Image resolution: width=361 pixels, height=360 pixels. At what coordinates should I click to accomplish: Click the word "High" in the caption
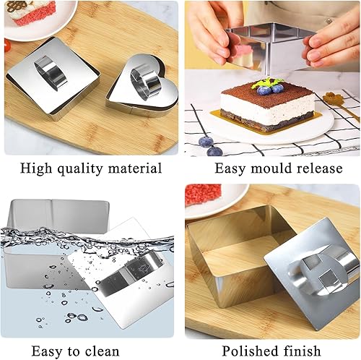[x=36, y=168]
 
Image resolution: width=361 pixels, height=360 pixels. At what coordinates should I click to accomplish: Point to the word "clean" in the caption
[x=102, y=351]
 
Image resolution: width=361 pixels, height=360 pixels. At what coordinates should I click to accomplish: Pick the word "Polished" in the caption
[x=250, y=351]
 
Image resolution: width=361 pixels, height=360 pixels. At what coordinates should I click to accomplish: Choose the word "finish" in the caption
[x=302, y=351]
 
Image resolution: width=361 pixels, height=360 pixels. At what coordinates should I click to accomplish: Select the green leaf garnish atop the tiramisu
[x=266, y=83]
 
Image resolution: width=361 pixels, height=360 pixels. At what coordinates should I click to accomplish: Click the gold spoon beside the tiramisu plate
[x=341, y=103]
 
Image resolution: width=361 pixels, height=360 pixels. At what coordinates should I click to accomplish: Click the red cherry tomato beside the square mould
[x=7, y=46]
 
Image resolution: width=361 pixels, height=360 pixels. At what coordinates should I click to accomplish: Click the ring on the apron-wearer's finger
[x=329, y=21]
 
